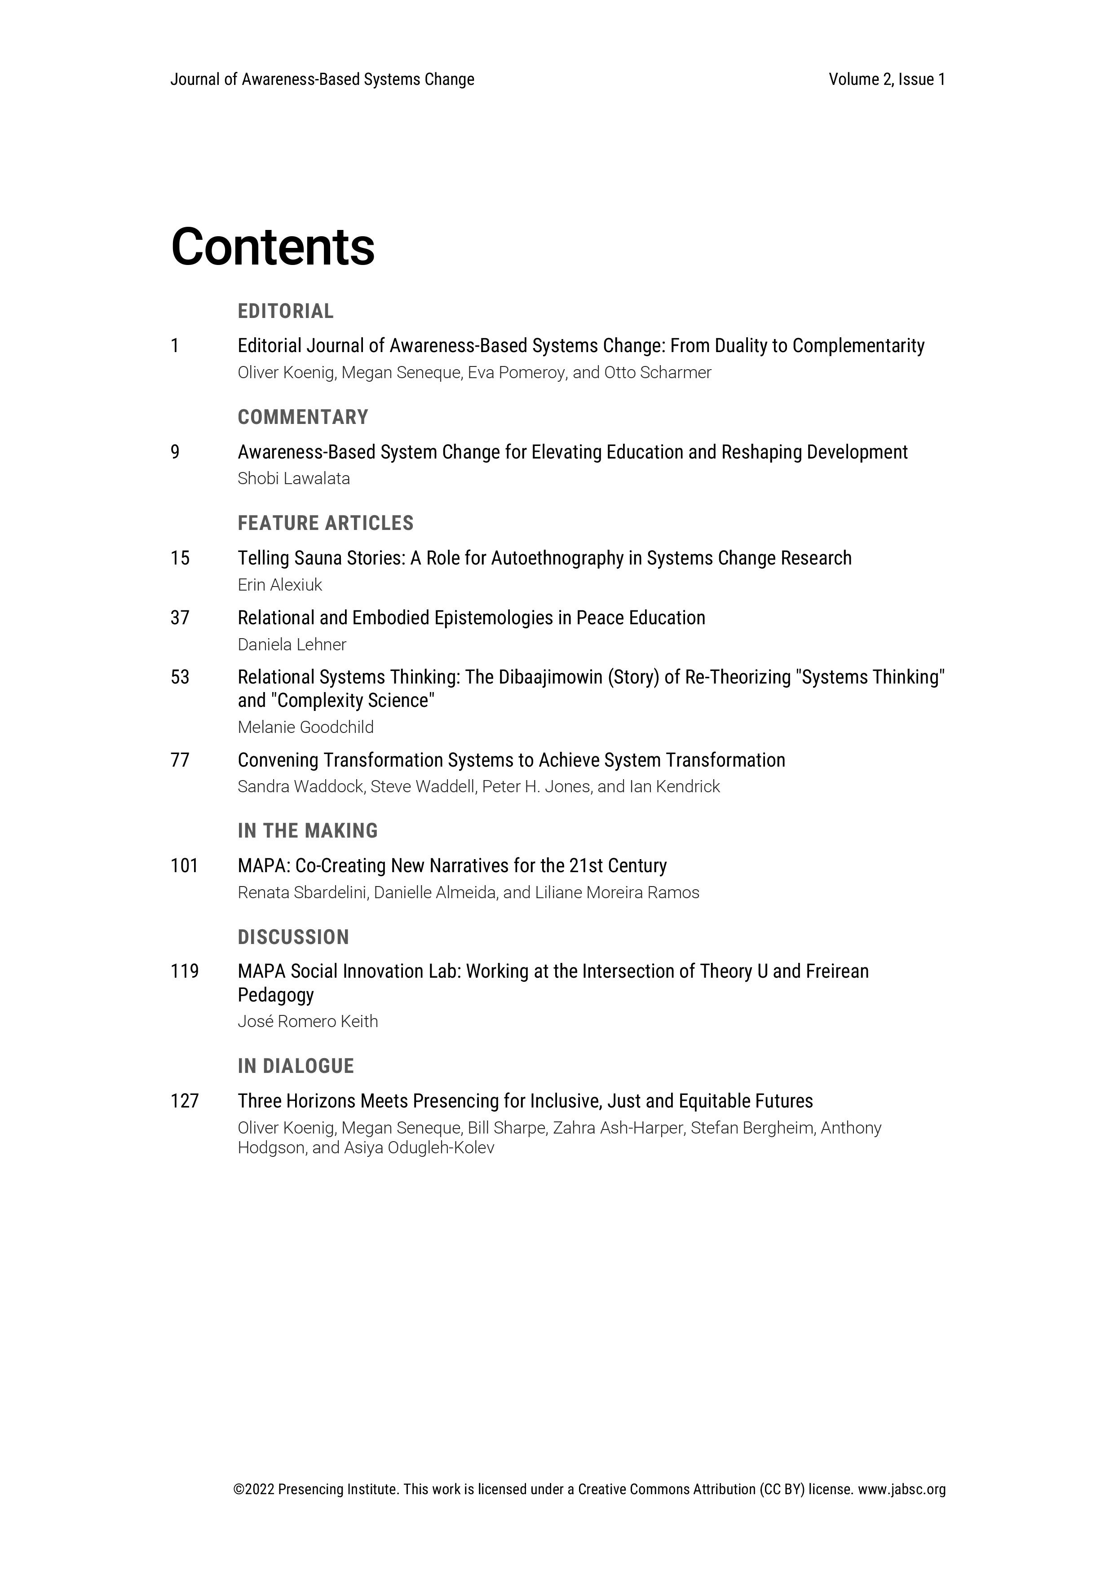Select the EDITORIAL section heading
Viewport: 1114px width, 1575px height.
(x=285, y=311)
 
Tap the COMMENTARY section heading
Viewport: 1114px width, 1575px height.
(x=302, y=417)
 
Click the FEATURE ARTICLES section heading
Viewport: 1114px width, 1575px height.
(x=325, y=523)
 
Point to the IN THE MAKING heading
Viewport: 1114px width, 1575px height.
(x=307, y=831)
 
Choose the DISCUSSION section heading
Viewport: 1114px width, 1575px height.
(x=293, y=937)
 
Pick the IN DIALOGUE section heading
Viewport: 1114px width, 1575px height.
(x=296, y=1066)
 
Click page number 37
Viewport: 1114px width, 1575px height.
(x=180, y=618)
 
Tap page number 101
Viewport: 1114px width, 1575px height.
(x=184, y=866)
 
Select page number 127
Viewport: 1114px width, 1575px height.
(x=184, y=1101)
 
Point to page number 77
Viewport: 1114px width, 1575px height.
(x=180, y=760)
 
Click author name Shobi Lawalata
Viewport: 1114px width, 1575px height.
(x=294, y=479)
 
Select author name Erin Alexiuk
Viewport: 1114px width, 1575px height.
(x=279, y=585)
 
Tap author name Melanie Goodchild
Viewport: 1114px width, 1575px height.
(x=305, y=727)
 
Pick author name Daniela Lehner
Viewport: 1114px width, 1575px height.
(x=292, y=645)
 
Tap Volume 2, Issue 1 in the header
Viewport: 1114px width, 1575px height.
(x=886, y=79)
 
